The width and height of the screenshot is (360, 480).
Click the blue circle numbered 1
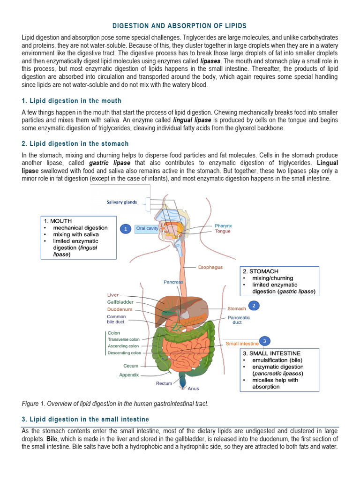click(x=125, y=229)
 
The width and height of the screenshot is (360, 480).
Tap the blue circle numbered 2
click(x=254, y=306)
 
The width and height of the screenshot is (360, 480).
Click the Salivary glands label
click(x=122, y=202)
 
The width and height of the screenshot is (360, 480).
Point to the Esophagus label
click(x=210, y=267)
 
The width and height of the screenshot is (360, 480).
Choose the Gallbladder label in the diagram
click(x=120, y=302)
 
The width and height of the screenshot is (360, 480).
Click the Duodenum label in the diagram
click(x=120, y=310)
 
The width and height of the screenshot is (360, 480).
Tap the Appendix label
click(x=129, y=375)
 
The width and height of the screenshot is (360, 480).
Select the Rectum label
click(x=164, y=383)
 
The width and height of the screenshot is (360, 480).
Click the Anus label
click(x=193, y=389)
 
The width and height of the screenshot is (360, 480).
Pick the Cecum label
click(x=131, y=366)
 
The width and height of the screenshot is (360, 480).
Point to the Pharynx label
click(x=223, y=225)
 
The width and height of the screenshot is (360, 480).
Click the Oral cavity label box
click(x=147, y=228)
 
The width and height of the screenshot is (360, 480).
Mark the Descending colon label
click(x=124, y=353)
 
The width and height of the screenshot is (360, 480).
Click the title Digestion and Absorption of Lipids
click(x=180, y=25)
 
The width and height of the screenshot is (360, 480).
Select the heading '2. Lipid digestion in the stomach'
click(x=75, y=143)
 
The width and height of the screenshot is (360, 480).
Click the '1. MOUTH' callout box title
click(x=58, y=221)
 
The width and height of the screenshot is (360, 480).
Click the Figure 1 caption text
click(x=115, y=404)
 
